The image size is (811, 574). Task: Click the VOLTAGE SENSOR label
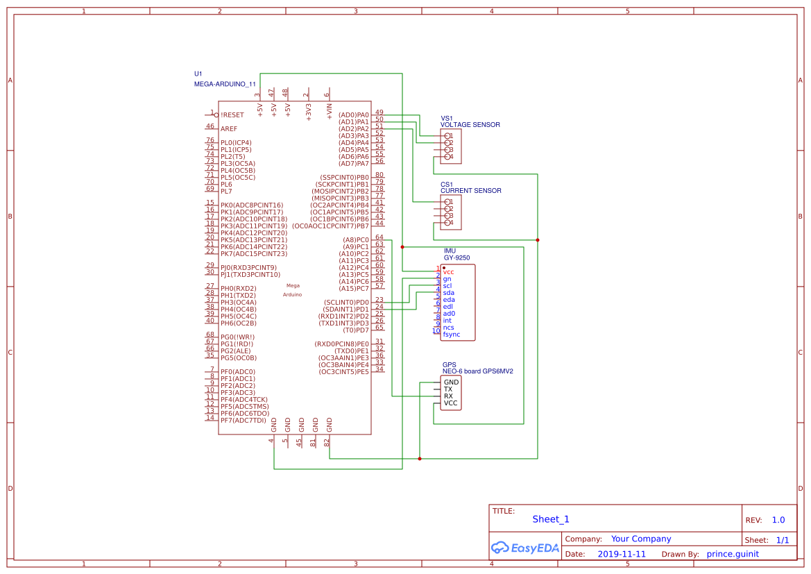pos(470,125)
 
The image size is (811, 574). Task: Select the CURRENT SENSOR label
pos(470,191)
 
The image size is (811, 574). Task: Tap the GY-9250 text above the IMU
pos(456,258)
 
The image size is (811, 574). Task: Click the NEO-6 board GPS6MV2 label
pos(477,371)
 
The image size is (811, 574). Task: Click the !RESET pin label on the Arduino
pos(232,115)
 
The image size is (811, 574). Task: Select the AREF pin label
pos(229,128)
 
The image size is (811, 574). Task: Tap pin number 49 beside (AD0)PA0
pos(379,112)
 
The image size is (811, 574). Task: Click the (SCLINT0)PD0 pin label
pos(346,303)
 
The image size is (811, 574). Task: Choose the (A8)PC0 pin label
pos(356,240)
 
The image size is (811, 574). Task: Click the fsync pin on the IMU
pos(452,335)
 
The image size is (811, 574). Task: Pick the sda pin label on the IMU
pos(448,293)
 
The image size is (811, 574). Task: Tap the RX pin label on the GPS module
pos(448,396)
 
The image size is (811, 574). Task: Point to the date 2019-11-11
pos(622,555)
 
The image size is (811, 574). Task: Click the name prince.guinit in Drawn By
pos(733,555)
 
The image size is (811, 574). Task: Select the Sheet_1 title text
pos(551,519)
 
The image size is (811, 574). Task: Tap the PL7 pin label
pos(226,192)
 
